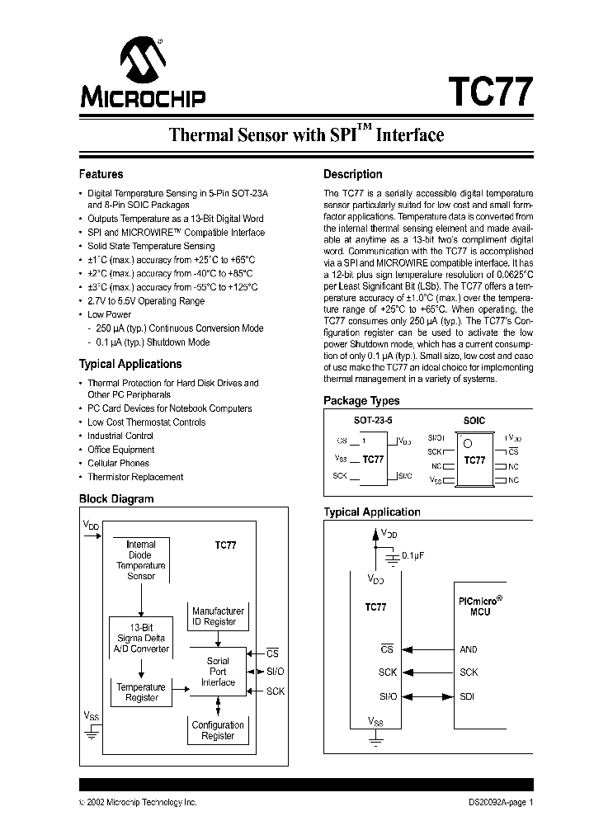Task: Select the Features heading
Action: point(101,174)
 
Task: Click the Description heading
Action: point(352,174)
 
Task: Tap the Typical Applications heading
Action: point(130,364)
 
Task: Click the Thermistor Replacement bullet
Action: point(135,477)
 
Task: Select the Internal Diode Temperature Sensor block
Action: point(140,560)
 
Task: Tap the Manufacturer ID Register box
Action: point(218,616)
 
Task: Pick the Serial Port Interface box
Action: point(218,672)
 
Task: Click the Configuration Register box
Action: point(218,730)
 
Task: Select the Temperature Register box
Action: point(141,692)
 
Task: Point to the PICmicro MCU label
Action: point(479,607)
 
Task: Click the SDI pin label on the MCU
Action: point(467,696)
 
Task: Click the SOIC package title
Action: point(474,420)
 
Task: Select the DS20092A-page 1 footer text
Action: point(495,802)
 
